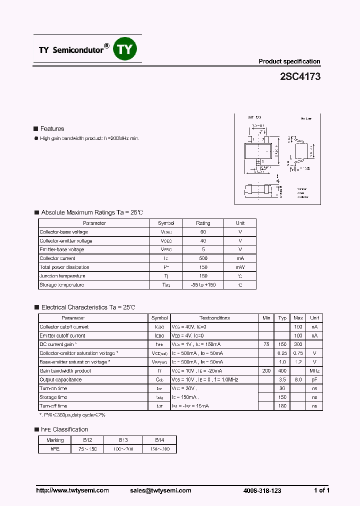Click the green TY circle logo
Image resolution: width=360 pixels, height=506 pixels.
pos(125,48)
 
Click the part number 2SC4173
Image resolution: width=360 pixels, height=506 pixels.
pos(300,77)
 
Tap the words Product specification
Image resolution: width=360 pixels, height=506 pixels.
pos(289,61)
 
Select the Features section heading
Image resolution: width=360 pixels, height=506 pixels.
pos(52,129)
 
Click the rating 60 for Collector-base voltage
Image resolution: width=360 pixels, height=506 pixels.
pos(203,232)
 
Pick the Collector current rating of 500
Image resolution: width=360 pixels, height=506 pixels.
pos(203,258)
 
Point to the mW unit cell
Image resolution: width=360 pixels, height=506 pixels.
pos(240,267)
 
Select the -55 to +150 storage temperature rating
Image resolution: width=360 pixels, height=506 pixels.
pos(203,285)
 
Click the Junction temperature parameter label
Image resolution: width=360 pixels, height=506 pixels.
pos(62,276)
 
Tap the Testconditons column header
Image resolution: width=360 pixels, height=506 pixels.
pos(214,318)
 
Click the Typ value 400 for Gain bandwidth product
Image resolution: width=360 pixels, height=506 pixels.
pos(282,371)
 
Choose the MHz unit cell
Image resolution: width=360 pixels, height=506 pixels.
pos(314,371)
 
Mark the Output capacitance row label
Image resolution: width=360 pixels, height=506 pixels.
pos(60,379)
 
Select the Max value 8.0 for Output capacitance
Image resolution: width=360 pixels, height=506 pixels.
pos(298,379)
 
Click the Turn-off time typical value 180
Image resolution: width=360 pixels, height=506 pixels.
pos(282,406)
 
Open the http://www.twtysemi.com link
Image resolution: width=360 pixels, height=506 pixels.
pos(72,490)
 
